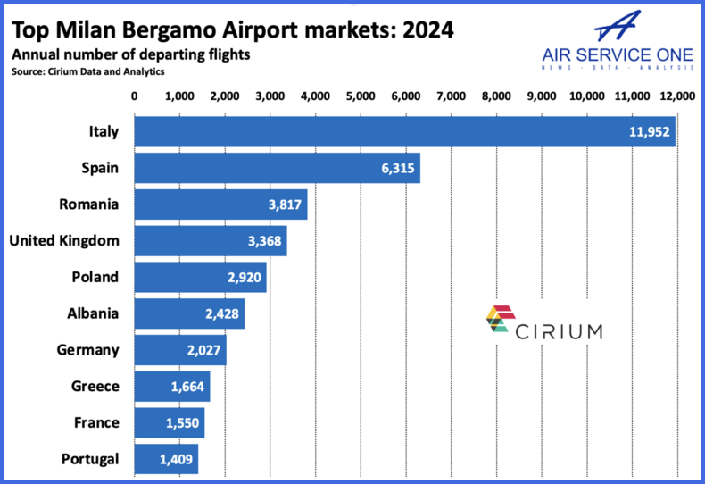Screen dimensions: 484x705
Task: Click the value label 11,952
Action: click(650, 132)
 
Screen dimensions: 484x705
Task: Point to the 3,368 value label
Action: click(261, 241)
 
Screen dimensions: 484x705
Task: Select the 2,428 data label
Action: click(219, 314)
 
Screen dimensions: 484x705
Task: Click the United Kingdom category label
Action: click(63, 240)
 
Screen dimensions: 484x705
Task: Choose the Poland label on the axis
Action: click(95, 277)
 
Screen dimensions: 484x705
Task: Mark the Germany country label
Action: click(87, 350)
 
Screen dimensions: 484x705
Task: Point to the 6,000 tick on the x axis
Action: click(405, 95)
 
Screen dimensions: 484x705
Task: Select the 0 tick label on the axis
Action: click(134, 95)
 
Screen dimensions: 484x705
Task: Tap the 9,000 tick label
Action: click(542, 95)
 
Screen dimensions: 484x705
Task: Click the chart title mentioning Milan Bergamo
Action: click(232, 29)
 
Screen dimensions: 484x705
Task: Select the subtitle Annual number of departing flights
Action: click(130, 55)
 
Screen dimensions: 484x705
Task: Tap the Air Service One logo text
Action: click(618, 55)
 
